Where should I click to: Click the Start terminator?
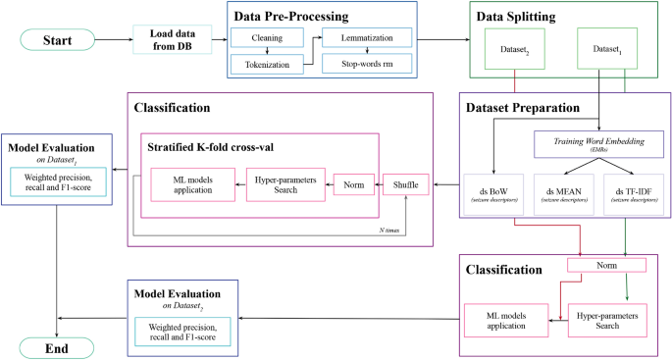point(58,40)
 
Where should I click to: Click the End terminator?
point(58,348)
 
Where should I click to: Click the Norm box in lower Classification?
point(606,265)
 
